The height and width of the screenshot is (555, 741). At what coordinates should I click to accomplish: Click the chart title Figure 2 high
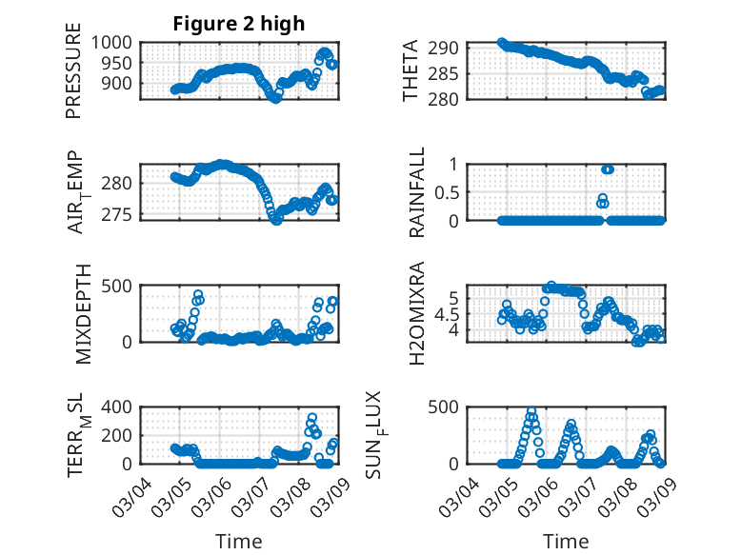coord(238,24)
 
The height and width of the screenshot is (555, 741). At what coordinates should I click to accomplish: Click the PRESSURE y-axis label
coord(73,77)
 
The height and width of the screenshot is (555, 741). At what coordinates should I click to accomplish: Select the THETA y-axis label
coord(411,71)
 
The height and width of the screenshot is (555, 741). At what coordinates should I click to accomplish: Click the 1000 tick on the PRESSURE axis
coord(113,42)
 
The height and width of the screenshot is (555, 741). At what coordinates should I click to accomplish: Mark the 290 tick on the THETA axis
coord(450,48)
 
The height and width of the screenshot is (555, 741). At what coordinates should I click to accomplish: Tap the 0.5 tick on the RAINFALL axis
coord(448,191)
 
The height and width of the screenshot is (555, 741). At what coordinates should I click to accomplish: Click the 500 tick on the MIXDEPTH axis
coord(120,285)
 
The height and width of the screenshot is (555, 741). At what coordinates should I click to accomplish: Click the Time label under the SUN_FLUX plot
coord(566,542)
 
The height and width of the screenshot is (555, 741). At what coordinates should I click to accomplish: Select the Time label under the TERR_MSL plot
coord(238,542)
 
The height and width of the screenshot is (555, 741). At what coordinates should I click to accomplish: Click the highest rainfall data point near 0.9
coord(608,169)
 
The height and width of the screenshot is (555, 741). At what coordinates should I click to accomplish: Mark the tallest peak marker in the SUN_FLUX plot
coord(531,412)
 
